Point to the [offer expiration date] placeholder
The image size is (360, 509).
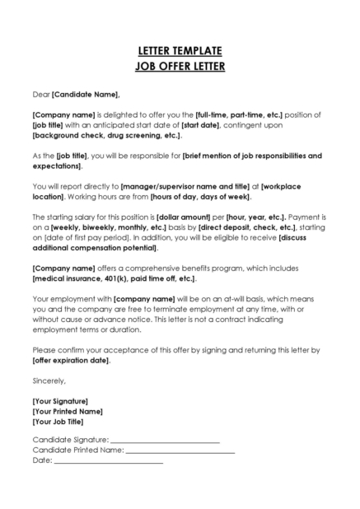point(71,361)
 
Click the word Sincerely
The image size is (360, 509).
point(49,381)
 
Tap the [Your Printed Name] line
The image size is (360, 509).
point(68,411)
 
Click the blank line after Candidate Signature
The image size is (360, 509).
point(165,441)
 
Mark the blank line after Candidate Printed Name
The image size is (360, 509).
point(180,451)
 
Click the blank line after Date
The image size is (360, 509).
point(108,461)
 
